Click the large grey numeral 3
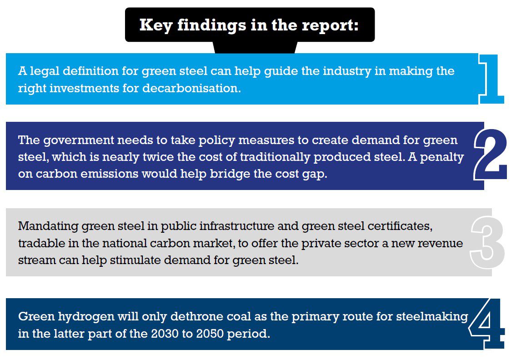[x=488, y=242]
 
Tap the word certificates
[x=404, y=226]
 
